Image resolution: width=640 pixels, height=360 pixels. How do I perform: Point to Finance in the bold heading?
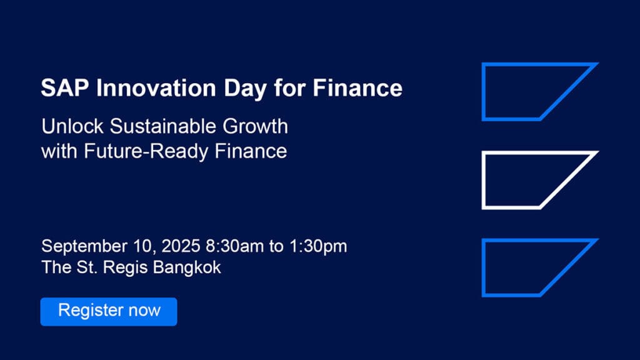pyautogui.click(x=357, y=87)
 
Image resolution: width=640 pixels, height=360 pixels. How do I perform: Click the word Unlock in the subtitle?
pyautogui.click(x=72, y=126)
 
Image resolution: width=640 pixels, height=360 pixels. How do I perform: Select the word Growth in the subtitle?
pyautogui.click(x=256, y=126)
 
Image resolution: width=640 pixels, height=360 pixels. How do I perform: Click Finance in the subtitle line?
pyautogui.click(x=251, y=151)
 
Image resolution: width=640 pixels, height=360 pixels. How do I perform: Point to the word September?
pyautogui.click(x=84, y=246)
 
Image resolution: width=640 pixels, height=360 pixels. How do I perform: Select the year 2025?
pyautogui.click(x=181, y=246)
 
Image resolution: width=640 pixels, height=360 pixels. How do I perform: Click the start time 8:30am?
pyautogui.click(x=235, y=246)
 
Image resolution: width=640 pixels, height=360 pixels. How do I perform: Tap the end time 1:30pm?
pyautogui.click(x=318, y=246)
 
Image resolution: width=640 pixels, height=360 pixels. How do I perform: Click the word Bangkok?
pyautogui.click(x=187, y=267)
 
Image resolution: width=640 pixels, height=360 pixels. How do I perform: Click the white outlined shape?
pyautogui.click(x=484, y=180)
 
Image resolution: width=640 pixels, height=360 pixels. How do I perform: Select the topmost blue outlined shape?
pyautogui.click(x=484, y=91)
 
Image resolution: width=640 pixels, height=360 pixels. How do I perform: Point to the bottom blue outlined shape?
pyautogui.click(x=484, y=267)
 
